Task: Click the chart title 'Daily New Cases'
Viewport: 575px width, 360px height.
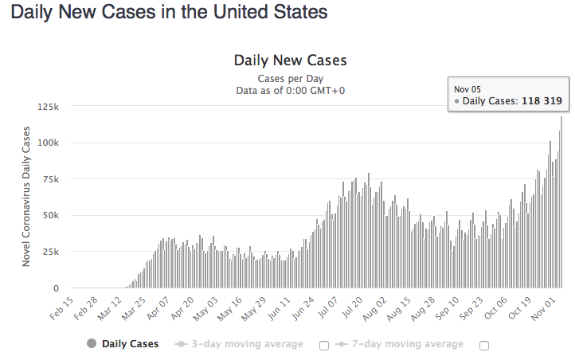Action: [290, 61]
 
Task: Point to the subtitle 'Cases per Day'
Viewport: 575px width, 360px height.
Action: [290, 78]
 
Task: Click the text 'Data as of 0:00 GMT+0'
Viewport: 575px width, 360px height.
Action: [290, 90]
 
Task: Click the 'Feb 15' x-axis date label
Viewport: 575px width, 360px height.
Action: [60, 308]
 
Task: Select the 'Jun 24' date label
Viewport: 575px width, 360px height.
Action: [303, 308]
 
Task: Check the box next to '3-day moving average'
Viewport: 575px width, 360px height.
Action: [324, 345]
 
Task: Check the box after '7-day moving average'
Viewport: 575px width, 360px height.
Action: [484, 345]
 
